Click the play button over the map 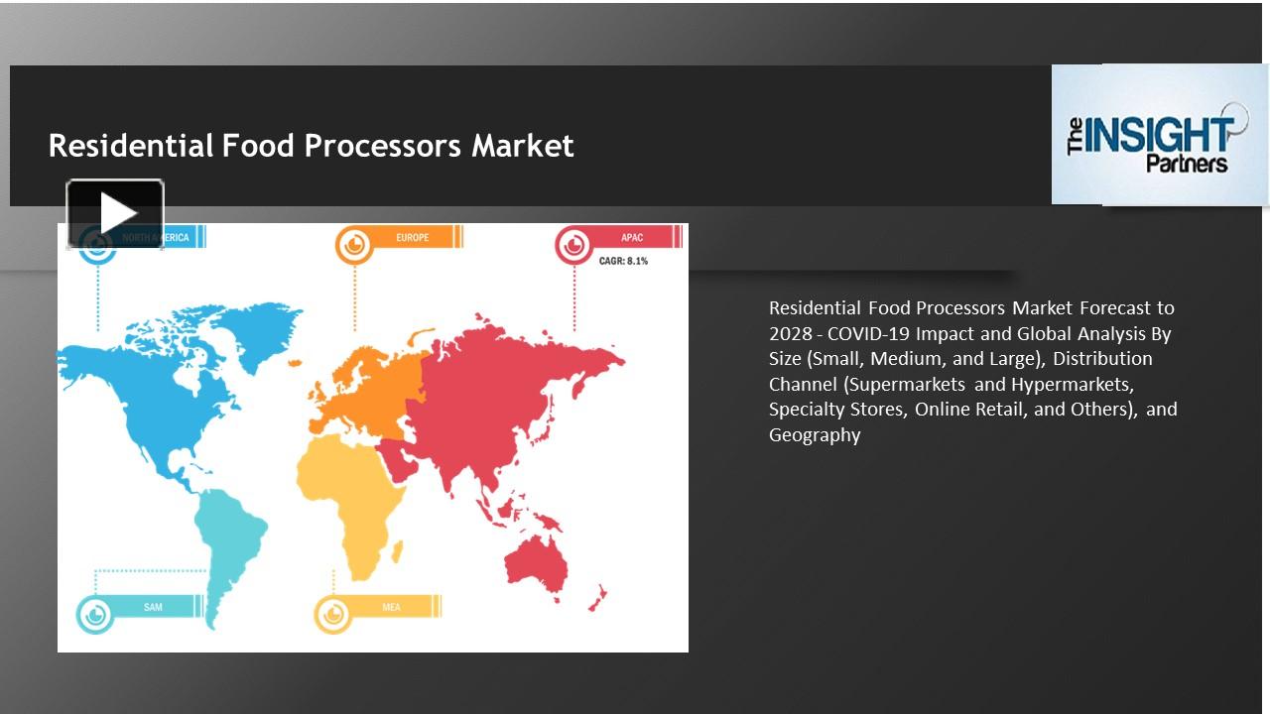[x=115, y=213]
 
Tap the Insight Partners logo [x=1159, y=135]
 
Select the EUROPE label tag [x=413, y=238]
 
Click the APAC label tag [x=633, y=238]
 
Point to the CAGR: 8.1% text [x=623, y=262]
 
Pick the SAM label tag [x=154, y=607]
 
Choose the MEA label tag [x=392, y=607]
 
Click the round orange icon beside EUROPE [x=354, y=244]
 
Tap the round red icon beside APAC [x=573, y=244]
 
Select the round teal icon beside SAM [x=95, y=613]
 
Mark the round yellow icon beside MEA [x=333, y=613]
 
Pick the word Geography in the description [x=815, y=434]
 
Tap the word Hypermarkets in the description [x=1072, y=384]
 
